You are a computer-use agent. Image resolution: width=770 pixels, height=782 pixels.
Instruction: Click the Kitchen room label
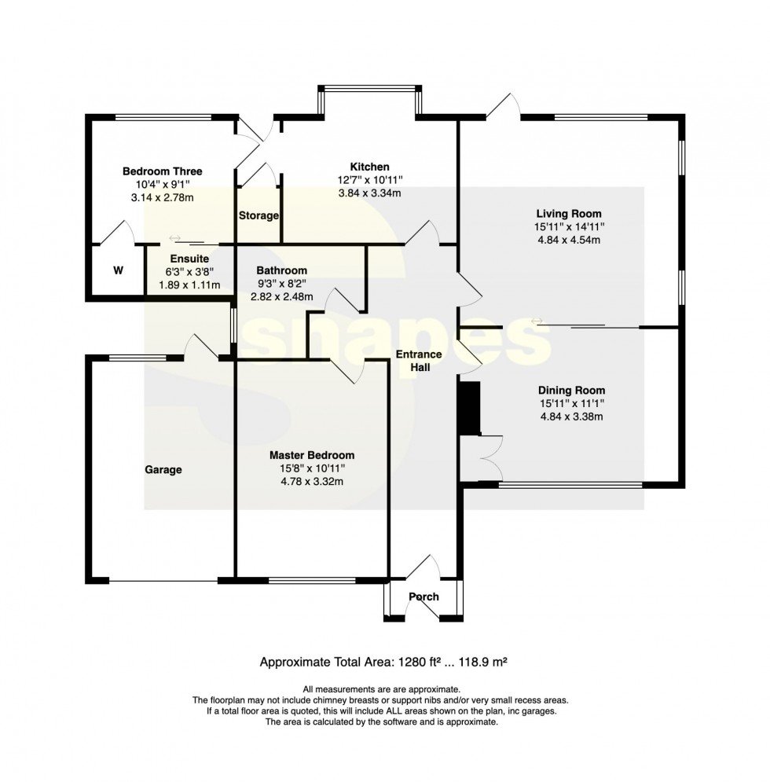point(369,167)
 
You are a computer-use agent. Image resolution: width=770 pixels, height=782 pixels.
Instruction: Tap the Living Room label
point(569,214)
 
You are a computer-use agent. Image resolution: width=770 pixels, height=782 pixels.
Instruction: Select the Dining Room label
point(571,391)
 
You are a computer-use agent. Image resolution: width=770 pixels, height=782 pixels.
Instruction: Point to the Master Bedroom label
point(312,455)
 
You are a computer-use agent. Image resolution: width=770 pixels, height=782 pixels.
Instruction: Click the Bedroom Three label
point(163,171)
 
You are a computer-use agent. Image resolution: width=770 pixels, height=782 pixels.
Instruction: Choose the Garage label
point(163,470)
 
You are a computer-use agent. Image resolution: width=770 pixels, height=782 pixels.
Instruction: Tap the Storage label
point(258,215)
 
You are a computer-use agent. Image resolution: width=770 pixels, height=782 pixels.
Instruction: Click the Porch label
point(424,597)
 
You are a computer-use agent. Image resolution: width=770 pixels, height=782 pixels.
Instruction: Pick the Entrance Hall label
point(419,361)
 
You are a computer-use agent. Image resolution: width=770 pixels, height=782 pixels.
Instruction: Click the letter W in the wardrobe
point(118,271)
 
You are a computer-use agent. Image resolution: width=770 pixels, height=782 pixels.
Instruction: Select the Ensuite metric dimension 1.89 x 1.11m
point(189,285)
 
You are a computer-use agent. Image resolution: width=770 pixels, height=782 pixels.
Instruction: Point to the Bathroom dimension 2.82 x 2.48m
point(282,297)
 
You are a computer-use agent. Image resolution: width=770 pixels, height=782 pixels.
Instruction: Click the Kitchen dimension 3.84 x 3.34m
point(369,193)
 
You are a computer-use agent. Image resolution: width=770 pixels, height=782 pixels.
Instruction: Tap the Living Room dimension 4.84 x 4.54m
point(569,240)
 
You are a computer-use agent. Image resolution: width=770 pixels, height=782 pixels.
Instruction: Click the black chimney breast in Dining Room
point(469,409)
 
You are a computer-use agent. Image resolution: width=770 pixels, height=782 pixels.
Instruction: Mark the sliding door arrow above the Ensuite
point(174,238)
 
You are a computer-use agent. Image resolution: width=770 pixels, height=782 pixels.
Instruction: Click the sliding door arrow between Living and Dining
point(537,321)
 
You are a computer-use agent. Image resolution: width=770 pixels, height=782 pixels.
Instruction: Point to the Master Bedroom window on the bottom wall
point(312,581)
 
